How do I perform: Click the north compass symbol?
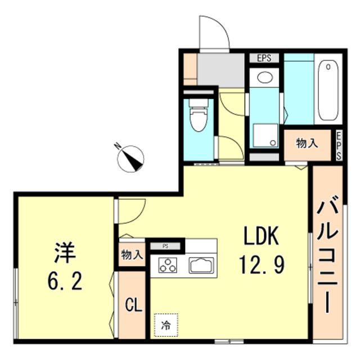(x=130, y=158)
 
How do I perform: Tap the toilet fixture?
(x=199, y=115)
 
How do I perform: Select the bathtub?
(x=328, y=90)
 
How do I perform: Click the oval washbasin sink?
(x=264, y=77)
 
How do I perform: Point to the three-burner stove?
(x=168, y=265)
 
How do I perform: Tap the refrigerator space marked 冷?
(x=166, y=325)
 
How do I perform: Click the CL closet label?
(x=134, y=306)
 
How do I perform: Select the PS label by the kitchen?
(x=165, y=246)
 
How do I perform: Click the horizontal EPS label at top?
(x=264, y=58)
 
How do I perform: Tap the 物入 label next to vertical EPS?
(x=307, y=144)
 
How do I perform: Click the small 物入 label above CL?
(x=132, y=255)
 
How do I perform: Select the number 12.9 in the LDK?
(x=262, y=265)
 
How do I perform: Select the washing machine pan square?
(x=265, y=136)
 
